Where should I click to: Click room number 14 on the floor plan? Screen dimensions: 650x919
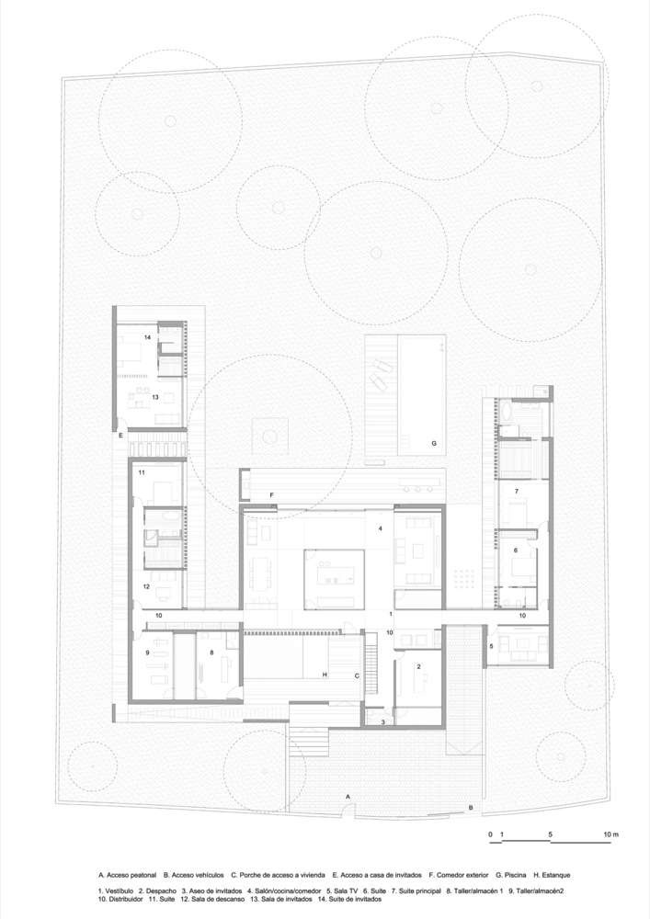[x=148, y=337]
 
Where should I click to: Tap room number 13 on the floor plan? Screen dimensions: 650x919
[x=155, y=397]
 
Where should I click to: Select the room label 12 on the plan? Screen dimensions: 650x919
[x=146, y=586]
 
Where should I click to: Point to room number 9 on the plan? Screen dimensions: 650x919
[x=148, y=652]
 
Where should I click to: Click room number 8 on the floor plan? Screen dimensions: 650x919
[x=211, y=652]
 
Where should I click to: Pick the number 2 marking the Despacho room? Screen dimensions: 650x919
[x=418, y=666]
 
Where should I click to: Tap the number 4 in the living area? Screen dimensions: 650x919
[x=381, y=528]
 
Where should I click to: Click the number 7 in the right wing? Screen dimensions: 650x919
[x=517, y=491]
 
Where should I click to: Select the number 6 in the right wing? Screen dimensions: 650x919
[x=516, y=550]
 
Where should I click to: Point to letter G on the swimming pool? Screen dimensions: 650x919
[x=434, y=444]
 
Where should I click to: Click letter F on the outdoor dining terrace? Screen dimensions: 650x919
[x=271, y=495]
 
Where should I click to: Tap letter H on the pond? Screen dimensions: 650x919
[x=325, y=675]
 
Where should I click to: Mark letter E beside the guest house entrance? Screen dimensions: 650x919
[x=120, y=436]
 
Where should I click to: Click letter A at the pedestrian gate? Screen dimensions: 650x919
[x=348, y=797]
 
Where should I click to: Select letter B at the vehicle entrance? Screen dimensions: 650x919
[x=470, y=807]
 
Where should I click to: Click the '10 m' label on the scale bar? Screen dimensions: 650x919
[x=611, y=834]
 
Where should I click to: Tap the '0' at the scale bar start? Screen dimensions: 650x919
[x=490, y=834]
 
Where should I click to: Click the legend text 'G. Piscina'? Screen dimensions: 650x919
[x=511, y=875]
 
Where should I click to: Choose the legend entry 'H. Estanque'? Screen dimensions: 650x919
[x=553, y=875]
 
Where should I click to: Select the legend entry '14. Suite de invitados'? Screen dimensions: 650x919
[x=349, y=899]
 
